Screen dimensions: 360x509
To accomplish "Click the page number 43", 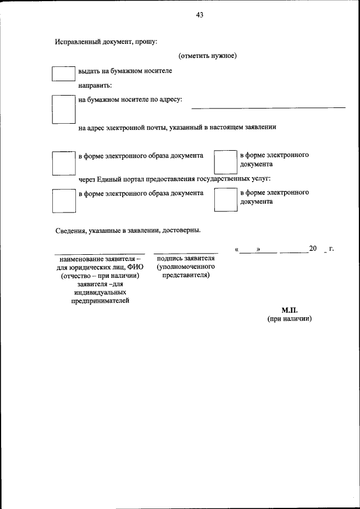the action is click(200, 15).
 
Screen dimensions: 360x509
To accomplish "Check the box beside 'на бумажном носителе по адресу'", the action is click(63, 109).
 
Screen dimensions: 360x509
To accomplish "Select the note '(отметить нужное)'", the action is click(208, 56).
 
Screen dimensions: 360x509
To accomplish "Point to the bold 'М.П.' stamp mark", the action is click(289, 310).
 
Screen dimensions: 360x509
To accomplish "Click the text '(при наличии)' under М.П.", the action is click(289, 318).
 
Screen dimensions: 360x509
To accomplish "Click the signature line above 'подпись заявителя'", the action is click(186, 253).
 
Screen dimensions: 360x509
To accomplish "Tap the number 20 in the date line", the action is click(313, 249).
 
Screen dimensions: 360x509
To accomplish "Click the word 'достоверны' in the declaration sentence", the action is click(182, 229).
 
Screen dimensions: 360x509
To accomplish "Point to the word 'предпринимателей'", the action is click(100, 301).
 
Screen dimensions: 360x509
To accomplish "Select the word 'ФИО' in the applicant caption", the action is click(136, 267).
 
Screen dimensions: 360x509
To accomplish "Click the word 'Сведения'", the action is click(71, 229).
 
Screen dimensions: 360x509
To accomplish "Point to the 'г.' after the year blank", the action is click(331, 249).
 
